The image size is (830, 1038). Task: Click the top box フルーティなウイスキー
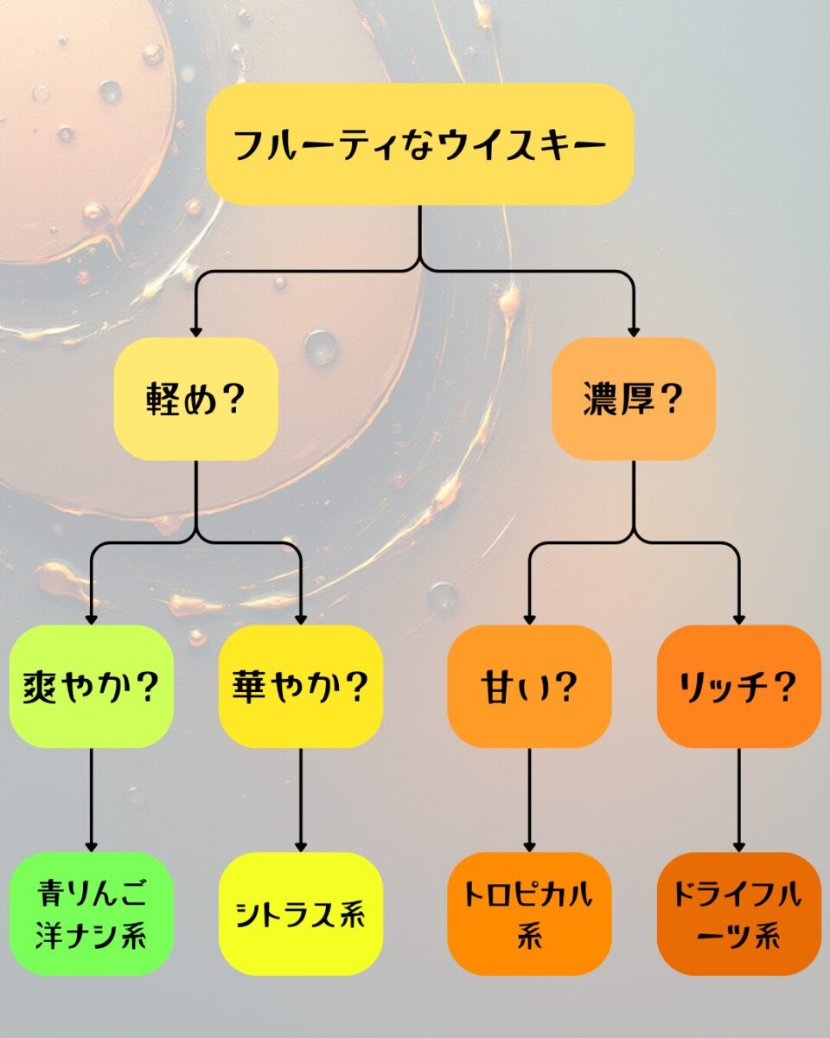419,144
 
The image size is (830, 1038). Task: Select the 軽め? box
195,399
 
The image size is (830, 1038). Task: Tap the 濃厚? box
634,399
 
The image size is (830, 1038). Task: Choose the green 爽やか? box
91,687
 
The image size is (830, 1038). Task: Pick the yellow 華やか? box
301,687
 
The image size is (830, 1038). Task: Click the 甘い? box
529,687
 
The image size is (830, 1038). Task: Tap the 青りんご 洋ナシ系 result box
91,913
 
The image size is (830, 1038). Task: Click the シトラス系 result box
301,913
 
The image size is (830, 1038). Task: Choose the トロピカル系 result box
529,913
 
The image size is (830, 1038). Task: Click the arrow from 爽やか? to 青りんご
91,800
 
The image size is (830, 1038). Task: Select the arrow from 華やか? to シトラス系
301,800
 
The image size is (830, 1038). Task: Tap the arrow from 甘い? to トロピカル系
529,800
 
